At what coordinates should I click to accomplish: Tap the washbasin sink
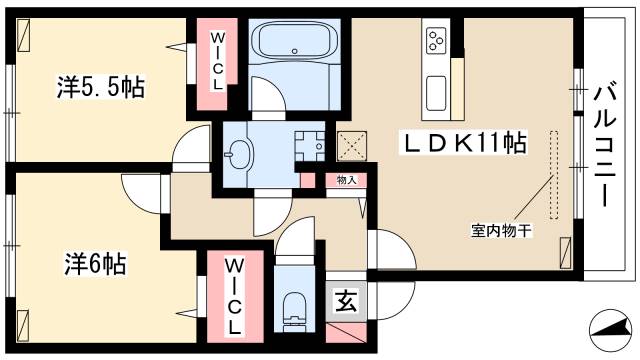[x=240, y=153]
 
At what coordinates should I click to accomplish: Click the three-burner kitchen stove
[x=437, y=41]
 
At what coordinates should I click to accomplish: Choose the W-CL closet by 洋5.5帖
[x=216, y=59]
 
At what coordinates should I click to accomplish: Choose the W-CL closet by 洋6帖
[x=233, y=296]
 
